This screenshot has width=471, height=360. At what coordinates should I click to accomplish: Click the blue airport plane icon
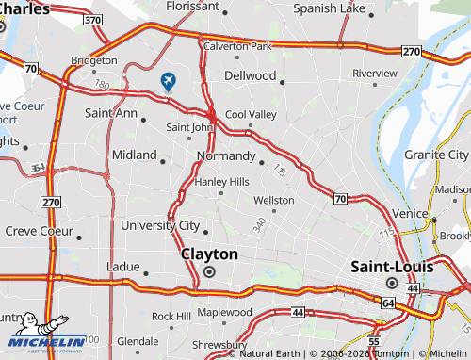click(x=169, y=81)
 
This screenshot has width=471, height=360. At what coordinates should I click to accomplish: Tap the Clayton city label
click(x=209, y=254)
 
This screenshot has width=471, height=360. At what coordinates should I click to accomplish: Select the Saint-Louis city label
click(x=392, y=267)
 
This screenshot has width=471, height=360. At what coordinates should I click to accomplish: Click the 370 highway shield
click(x=92, y=19)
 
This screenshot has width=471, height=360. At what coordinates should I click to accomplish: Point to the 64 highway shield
click(x=388, y=303)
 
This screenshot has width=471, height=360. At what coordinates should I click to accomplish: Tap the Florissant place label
click(x=192, y=6)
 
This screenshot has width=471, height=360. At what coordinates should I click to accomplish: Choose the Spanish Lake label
click(x=329, y=8)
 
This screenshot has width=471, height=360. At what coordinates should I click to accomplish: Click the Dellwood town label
click(x=251, y=75)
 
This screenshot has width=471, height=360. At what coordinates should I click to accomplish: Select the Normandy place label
click(x=226, y=155)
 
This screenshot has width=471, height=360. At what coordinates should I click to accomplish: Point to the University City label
click(x=160, y=225)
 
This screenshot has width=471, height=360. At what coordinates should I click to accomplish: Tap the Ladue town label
click(x=123, y=267)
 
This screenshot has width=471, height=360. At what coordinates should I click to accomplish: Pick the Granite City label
click(x=436, y=155)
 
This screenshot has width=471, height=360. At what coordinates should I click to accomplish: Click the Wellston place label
click(x=274, y=200)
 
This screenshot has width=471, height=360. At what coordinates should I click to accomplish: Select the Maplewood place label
click(x=224, y=312)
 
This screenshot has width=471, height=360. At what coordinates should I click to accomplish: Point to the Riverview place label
click(x=375, y=73)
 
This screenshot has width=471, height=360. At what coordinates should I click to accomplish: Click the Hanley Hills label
click(x=221, y=181)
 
